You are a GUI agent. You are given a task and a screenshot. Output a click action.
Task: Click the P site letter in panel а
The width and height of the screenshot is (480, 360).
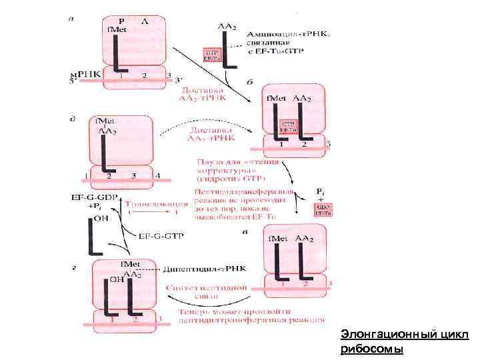click(x=121, y=21)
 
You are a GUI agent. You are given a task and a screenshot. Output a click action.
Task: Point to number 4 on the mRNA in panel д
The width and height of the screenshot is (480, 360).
click(x=157, y=175)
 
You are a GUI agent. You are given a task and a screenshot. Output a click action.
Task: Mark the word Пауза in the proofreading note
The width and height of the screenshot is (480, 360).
click(x=208, y=163)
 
